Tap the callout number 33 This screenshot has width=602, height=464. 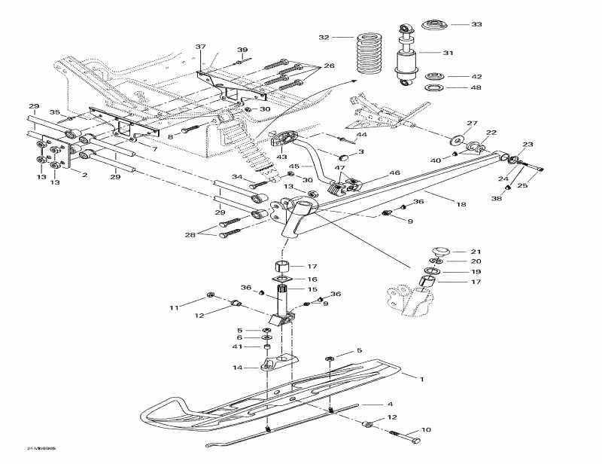point(476,25)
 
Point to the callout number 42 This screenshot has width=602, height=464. point(476,77)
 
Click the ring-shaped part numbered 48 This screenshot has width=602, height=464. point(435,88)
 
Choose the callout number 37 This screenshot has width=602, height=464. point(200,47)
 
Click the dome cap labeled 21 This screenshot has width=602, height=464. point(440,250)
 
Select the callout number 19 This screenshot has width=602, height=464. point(476,272)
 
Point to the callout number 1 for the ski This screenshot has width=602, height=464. point(422,379)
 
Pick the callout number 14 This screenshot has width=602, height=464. point(238,368)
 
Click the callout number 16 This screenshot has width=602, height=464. point(312,279)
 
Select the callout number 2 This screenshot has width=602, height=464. point(84,175)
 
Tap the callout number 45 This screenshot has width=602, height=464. point(295,166)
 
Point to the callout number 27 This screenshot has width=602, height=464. point(472,124)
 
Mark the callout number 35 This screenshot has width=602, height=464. point(55,112)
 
